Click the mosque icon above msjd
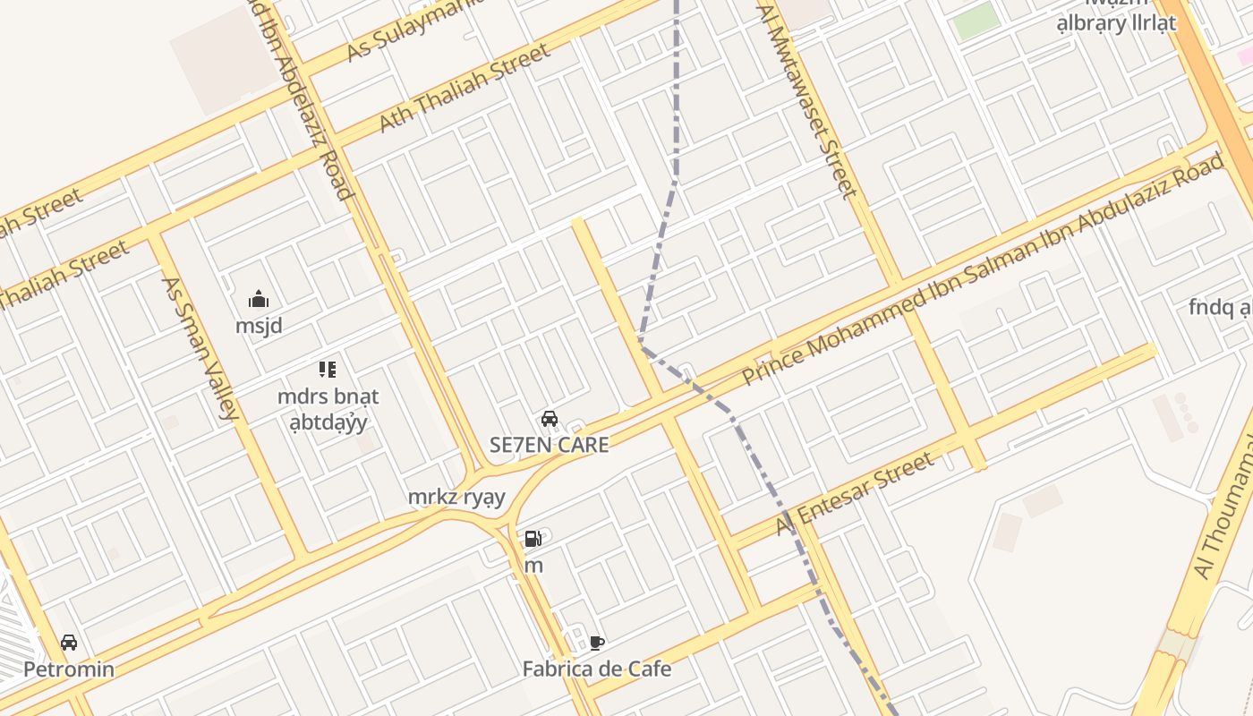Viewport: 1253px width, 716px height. pos(259,299)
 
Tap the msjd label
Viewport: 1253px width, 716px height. pos(259,326)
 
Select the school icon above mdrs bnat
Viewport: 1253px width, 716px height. pos(328,369)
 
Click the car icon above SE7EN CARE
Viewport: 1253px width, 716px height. pos(550,418)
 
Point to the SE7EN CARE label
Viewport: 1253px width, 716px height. pos(550,445)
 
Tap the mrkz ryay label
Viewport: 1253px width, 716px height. pos(456,497)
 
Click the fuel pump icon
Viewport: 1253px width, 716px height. pos(533,539)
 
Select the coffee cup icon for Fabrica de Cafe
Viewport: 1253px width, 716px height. pos(597,643)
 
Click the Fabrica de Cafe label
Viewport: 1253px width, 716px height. pos(597,669)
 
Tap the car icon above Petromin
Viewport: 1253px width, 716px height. pos(69,643)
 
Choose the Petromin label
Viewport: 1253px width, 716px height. pos(69,669)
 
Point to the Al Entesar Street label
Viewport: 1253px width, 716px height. pos(855,493)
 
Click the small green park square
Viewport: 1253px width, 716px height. pos(976,21)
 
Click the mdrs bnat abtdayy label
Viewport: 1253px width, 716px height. pos(328,408)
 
